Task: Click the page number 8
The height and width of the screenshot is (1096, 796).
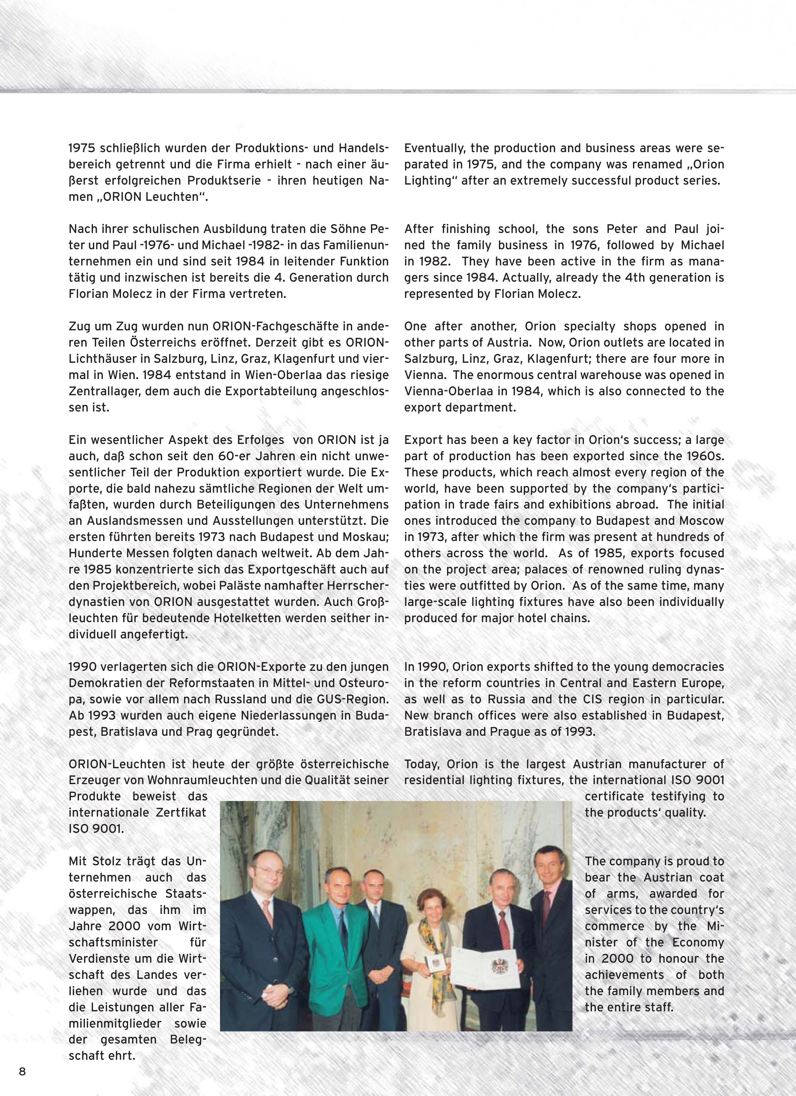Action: point(22,1071)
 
